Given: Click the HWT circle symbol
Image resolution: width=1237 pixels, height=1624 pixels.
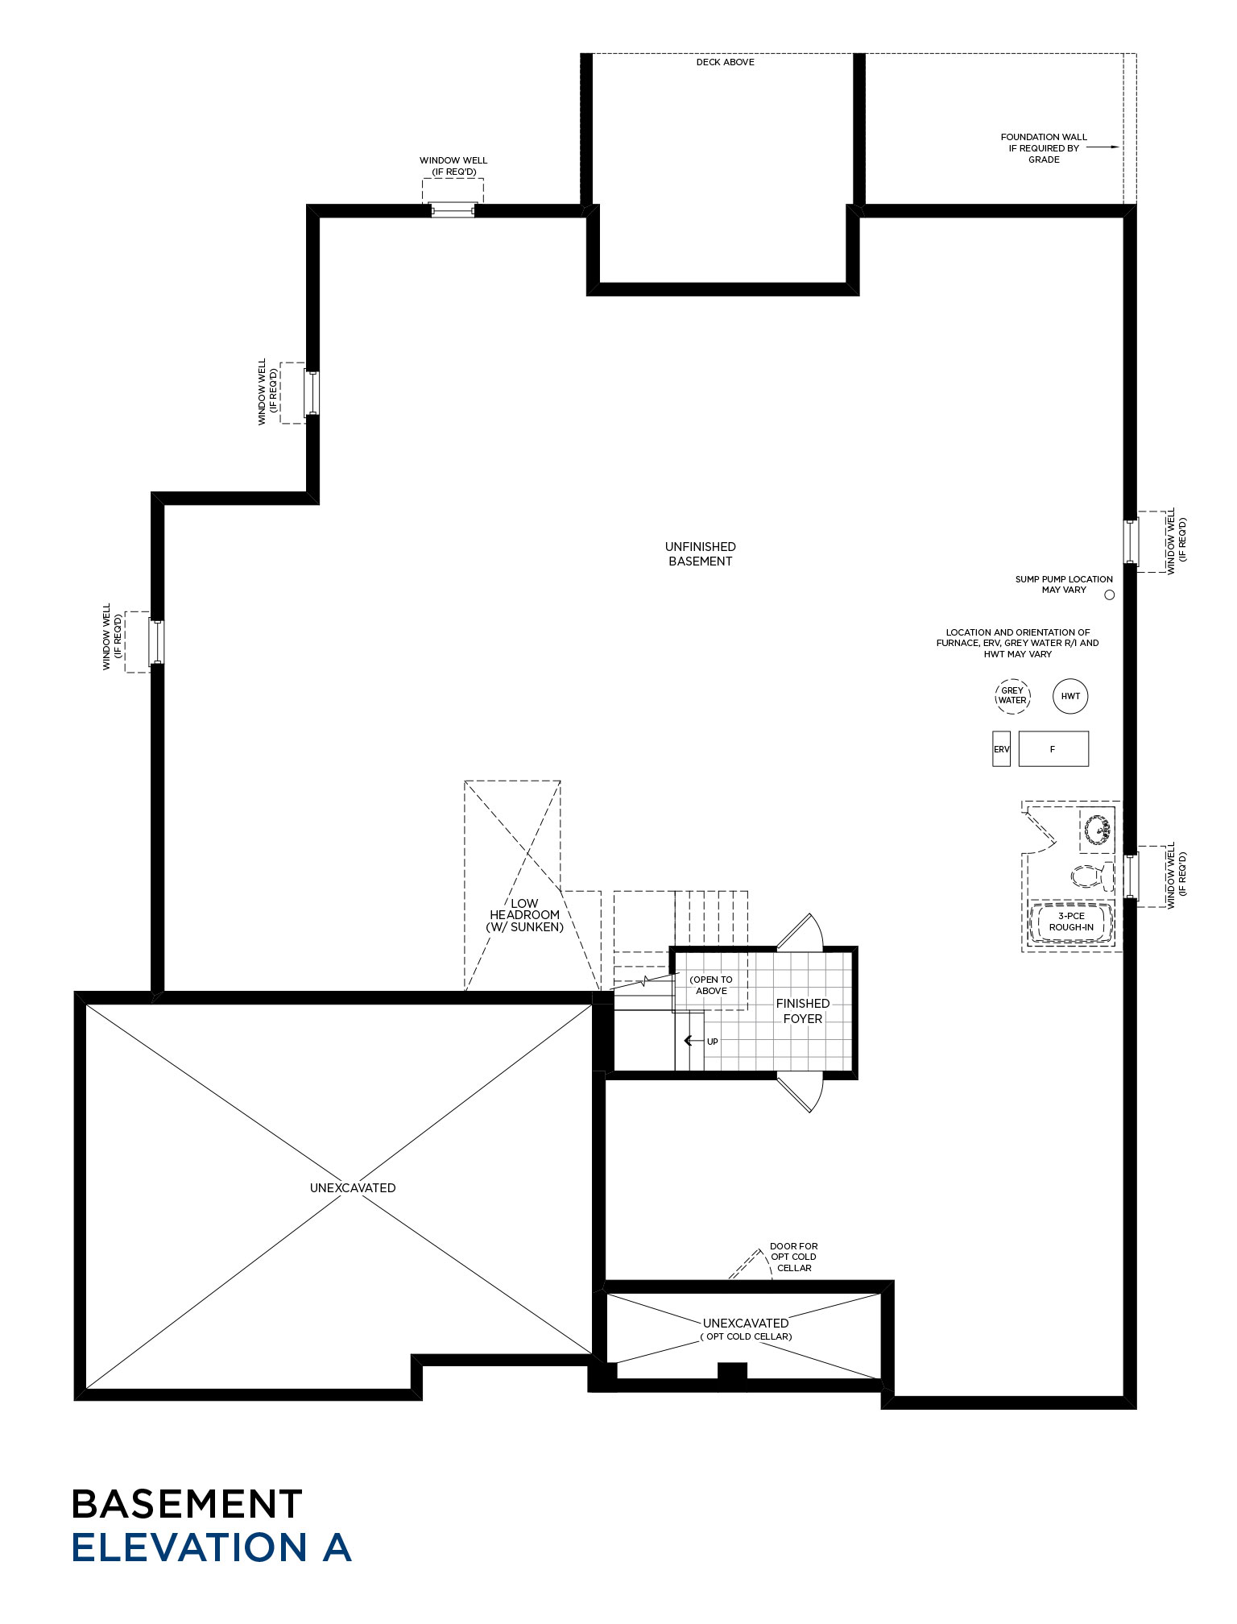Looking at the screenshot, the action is click(1070, 697).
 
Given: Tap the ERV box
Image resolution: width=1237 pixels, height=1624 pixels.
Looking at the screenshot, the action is click(1001, 749).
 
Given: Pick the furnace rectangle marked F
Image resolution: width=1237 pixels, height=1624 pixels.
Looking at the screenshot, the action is click(1053, 749).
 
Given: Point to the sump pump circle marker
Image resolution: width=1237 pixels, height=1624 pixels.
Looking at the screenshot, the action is click(1110, 595).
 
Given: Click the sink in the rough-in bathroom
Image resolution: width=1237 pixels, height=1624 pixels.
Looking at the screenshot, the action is click(1097, 829).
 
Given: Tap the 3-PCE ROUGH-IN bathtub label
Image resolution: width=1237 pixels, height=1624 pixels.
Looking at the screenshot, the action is click(1071, 922).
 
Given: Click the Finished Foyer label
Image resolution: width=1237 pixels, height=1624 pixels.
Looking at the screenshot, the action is click(803, 1011).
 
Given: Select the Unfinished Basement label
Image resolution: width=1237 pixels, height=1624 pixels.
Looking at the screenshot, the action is click(701, 554).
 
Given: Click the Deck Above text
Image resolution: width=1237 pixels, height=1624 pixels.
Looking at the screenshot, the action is click(726, 62).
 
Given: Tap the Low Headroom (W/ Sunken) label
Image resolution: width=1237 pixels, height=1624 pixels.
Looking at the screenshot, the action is click(524, 915).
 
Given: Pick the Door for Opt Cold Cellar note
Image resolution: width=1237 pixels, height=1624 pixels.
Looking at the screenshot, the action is click(794, 1257).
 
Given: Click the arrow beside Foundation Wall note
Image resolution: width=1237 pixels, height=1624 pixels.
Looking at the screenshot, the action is click(1103, 147).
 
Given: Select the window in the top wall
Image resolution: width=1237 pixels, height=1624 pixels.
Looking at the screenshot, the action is click(453, 211).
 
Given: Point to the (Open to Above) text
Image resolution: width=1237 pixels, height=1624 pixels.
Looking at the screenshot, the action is click(711, 985).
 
